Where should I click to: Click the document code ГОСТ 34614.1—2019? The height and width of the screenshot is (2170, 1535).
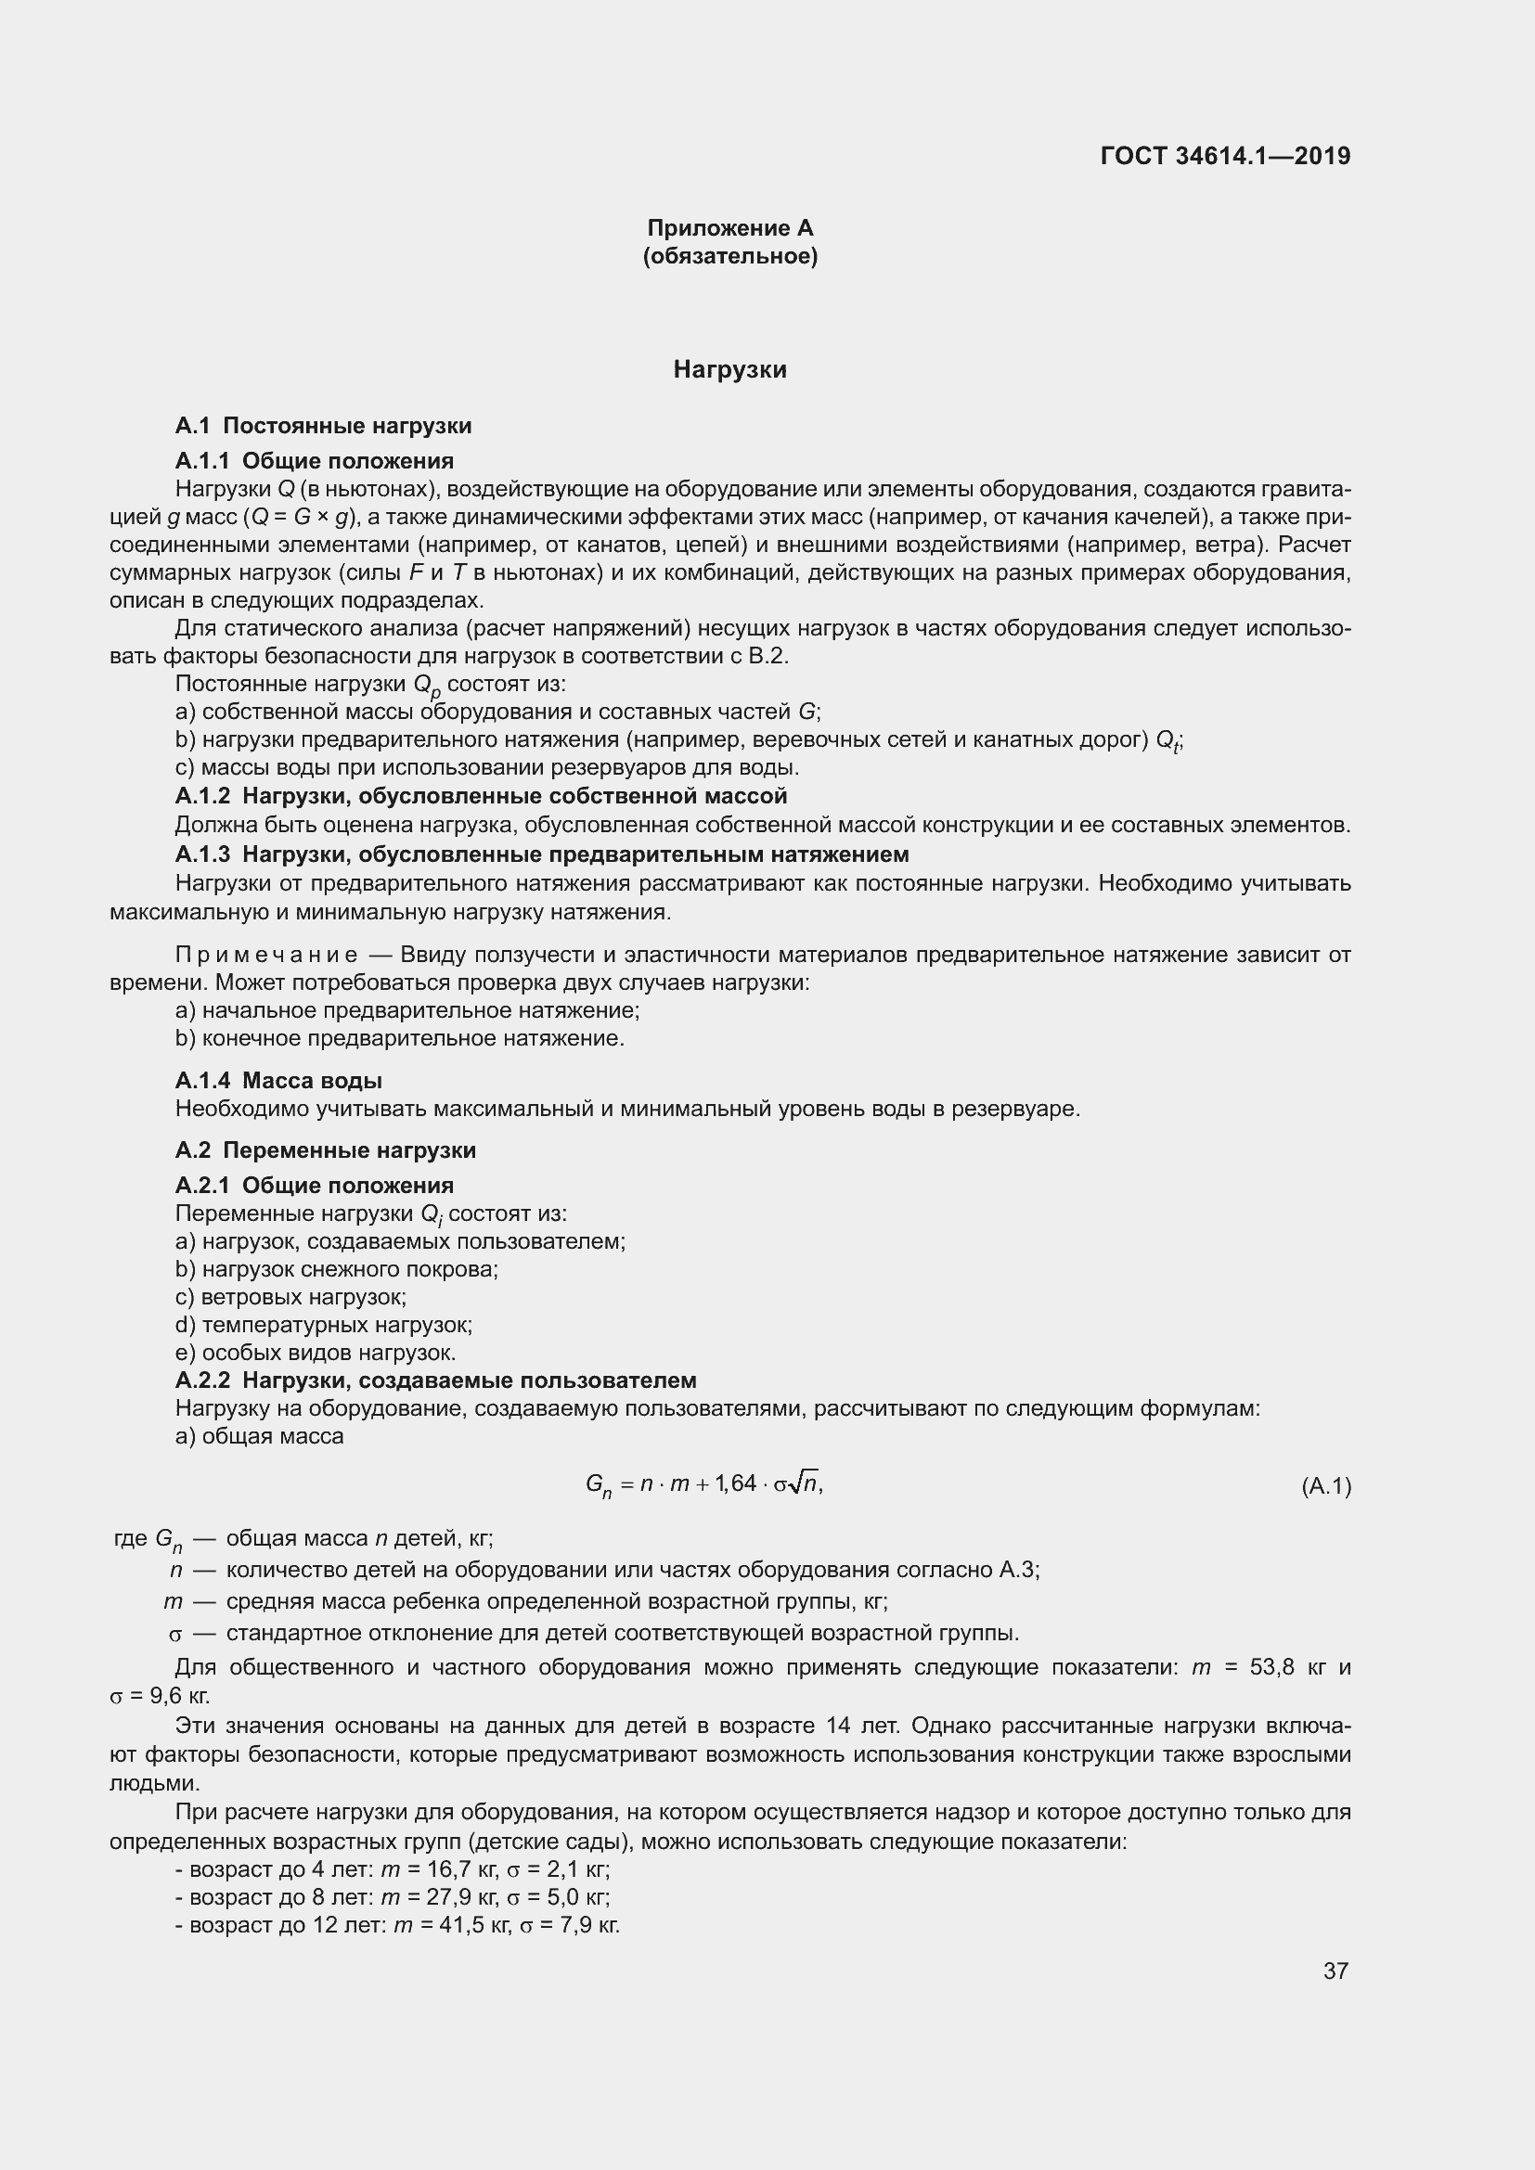click(1225, 156)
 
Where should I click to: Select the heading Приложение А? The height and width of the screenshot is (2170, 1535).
click(729, 228)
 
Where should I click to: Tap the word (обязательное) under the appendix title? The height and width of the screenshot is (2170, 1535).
click(729, 256)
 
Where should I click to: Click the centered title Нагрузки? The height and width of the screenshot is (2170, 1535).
click(729, 369)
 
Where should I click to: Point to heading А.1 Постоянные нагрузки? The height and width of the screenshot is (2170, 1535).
click(323, 426)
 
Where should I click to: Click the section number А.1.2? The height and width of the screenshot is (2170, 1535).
click(202, 796)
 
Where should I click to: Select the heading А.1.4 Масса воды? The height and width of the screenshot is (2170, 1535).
click(278, 1080)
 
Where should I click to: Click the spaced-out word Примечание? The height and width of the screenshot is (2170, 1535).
click(266, 955)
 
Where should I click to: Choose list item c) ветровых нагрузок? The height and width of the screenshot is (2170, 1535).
click(291, 1297)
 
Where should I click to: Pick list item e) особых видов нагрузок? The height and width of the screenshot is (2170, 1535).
click(316, 1353)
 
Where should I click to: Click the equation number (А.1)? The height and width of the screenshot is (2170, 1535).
click(1325, 1486)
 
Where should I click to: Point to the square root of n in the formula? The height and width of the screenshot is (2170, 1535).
click(806, 1483)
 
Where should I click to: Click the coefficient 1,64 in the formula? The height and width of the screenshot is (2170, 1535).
click(736, 1483)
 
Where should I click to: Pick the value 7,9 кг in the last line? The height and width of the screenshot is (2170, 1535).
click(590, 1925)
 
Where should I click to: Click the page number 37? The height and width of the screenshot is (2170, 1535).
click(1335, 1971)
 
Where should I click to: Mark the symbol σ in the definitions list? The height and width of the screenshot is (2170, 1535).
click(174, 1634)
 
